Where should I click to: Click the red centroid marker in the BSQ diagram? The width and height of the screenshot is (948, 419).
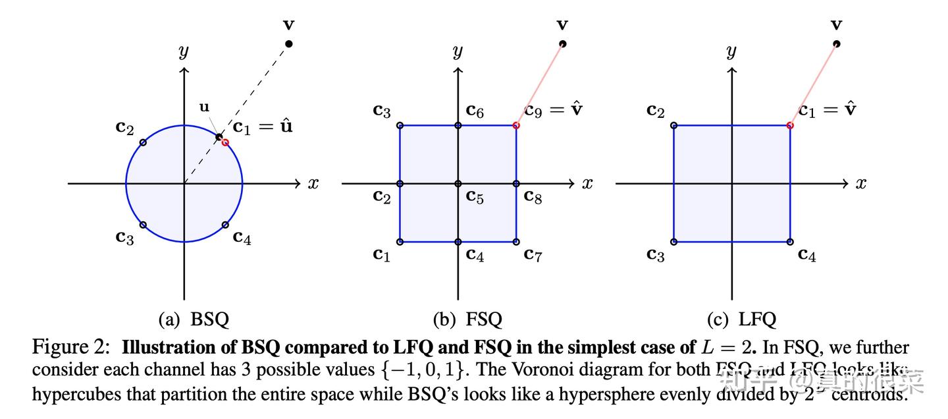coord(225,142)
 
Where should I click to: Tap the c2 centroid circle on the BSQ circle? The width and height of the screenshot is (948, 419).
coord(143,142)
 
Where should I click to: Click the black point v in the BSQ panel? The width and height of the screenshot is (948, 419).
coord(288,43)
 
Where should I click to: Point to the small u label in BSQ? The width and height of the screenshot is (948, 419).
coord(205,107)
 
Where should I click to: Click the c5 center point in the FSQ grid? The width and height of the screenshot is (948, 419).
coord(458,183)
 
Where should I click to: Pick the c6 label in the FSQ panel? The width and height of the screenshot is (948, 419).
coord(475,110)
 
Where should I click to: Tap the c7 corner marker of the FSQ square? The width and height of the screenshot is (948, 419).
coord(515,242)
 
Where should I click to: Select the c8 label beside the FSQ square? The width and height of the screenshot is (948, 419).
coord(533,196)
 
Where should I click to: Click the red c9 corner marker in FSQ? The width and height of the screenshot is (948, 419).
coord(515,125)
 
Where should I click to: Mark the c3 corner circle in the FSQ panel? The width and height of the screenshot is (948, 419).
coord(400,125)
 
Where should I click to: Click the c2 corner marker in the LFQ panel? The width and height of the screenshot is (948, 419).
coord(673,125)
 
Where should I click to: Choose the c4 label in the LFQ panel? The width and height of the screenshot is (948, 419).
coord(807,255)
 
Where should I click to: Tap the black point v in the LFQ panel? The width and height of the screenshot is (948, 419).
coord(836,43)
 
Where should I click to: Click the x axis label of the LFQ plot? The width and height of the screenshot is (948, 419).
coord(861,184)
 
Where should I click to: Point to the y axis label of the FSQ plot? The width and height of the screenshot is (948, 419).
coord(458,51)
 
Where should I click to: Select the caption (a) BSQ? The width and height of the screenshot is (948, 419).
coord(194,320)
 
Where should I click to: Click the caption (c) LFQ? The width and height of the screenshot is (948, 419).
coord(741,320)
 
